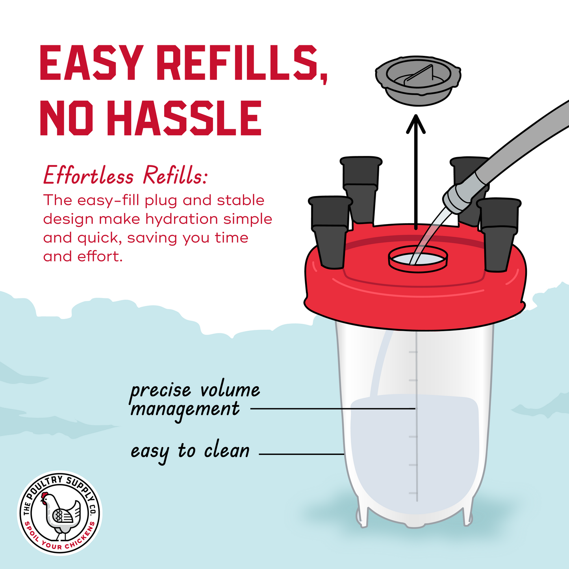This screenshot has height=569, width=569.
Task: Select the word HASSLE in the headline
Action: coord(184,118)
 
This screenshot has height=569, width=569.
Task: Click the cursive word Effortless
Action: coord(89,175)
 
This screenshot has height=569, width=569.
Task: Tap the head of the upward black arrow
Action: coord(415,124)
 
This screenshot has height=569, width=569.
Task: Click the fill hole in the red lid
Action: coord(418,258)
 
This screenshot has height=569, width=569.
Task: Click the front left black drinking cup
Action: coord(330,232)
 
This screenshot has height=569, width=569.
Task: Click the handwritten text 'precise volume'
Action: coord(195,390)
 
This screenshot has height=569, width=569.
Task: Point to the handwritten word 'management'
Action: coord(185,411)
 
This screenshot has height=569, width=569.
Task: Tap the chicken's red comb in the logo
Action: coord(44,495)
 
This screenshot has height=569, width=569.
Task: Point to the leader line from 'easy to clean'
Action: coord(302,454)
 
